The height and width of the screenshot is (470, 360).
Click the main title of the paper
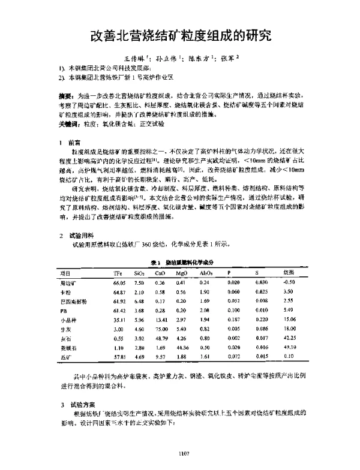(x=181, y=35)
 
